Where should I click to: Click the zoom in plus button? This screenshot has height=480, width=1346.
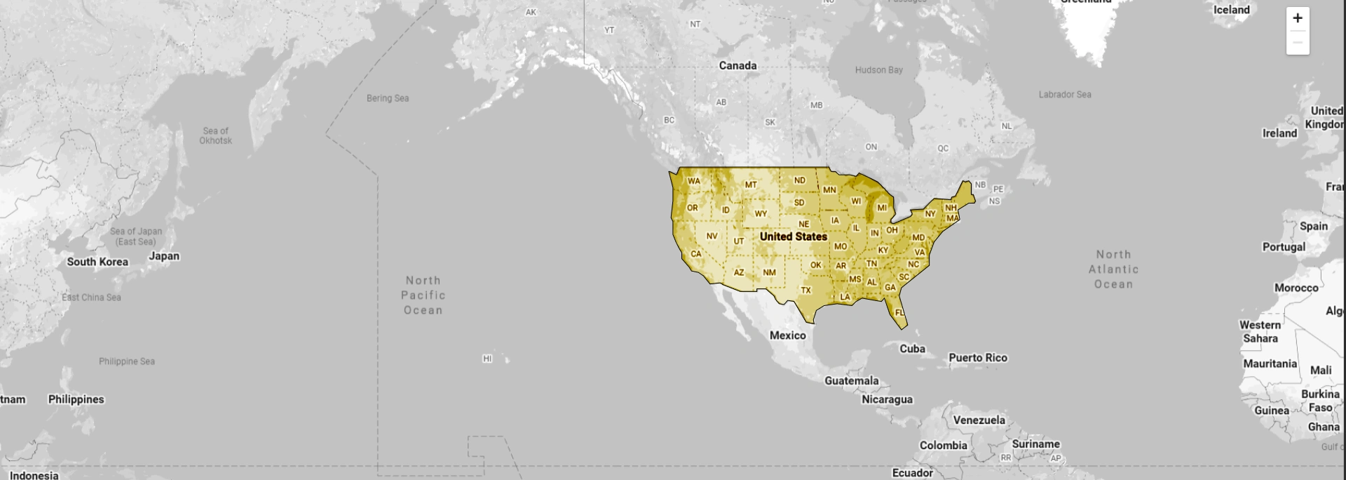click(1298, 18)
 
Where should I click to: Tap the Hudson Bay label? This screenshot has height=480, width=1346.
click(878, 70)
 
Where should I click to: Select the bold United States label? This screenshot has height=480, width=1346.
click(794, 236)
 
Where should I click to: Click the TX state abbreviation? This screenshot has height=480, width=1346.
click(806, 290)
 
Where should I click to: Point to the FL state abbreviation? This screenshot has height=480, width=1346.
click(899, 313)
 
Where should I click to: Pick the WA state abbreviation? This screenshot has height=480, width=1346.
click(694, 181)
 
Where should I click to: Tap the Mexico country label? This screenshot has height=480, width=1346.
click(788, 335)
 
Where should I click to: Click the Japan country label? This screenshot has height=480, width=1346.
click(164, 256)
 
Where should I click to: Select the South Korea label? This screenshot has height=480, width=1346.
click(97, 262)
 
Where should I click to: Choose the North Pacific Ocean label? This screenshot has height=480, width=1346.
click(423, 295)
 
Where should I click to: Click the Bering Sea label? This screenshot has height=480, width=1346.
click(388, 98)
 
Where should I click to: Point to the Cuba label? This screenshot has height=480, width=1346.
click(912, 349)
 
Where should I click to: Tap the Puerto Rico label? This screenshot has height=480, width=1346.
click(978, 358)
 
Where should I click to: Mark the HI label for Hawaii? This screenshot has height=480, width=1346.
click(487, 359)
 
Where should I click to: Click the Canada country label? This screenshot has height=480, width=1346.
click(737, 65)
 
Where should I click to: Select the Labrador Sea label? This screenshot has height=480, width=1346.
click(1065, 95)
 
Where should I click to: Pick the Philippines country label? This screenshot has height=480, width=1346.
click(76, 399)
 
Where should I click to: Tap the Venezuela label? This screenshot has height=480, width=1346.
click(979, 420)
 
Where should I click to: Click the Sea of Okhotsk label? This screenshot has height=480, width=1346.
click(215, 135)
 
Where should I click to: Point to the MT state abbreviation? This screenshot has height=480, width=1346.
click(751, 185)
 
